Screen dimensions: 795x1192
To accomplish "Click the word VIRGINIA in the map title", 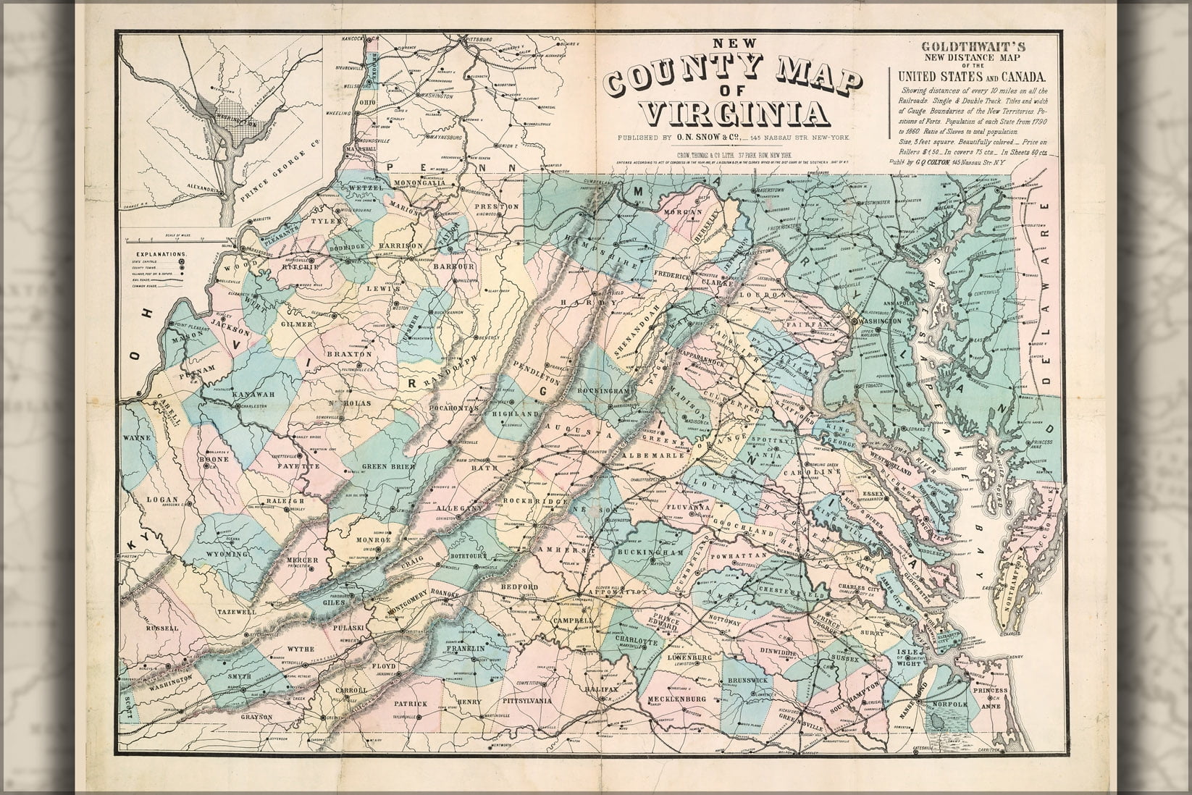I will (x=736, y=112).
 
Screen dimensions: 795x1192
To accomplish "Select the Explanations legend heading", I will (x=160, y=255).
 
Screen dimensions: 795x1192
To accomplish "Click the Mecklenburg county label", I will (x=676, y=699).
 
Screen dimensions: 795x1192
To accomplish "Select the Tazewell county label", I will (x=237, y=611).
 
